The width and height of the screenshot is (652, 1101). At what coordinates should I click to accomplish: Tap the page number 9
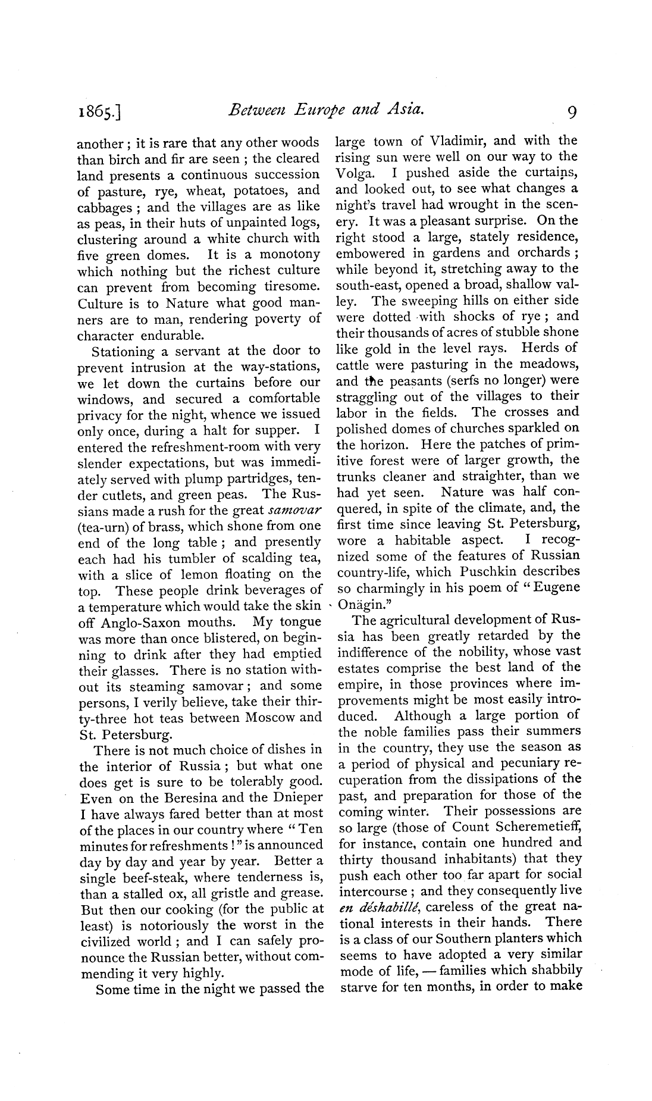pos(570,111)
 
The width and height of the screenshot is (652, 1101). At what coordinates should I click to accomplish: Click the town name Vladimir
pos(459,142)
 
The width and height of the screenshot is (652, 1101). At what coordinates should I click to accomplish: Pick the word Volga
pos(355,173)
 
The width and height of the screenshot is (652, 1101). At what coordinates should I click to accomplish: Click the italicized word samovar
pos(295,510)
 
